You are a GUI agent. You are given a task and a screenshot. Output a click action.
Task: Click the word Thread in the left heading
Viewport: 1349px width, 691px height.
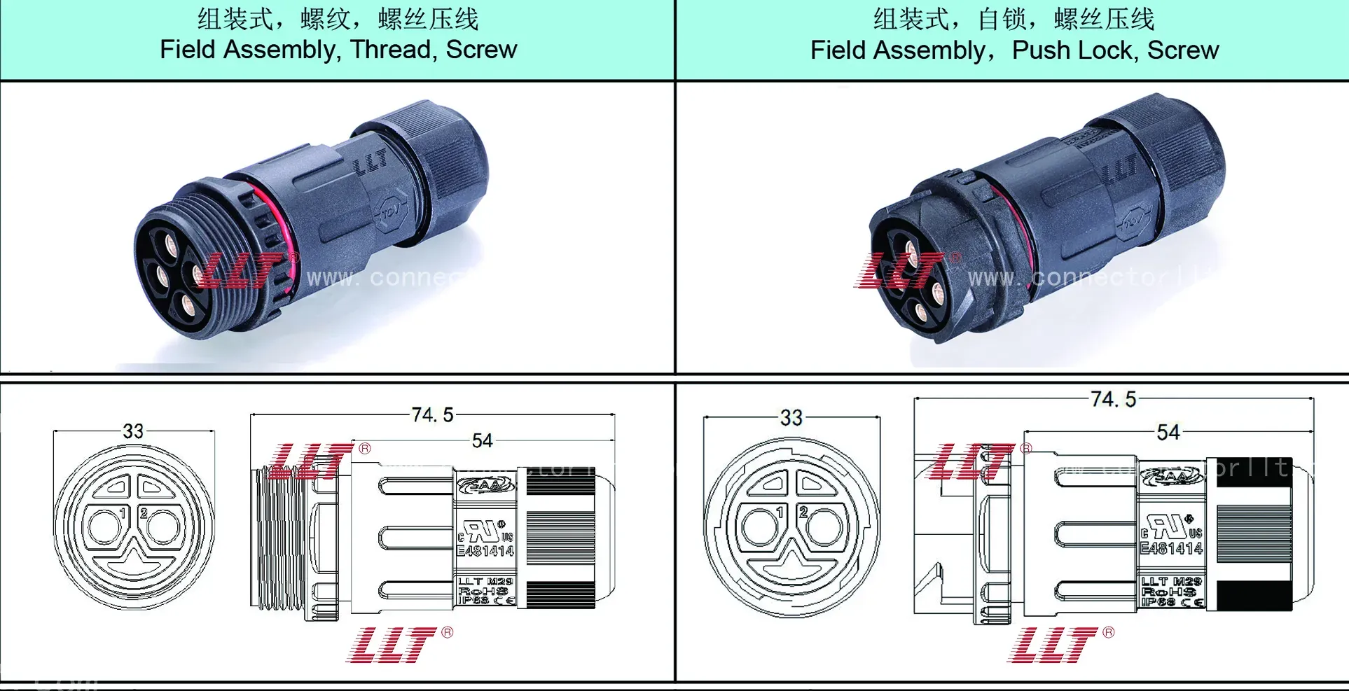pyautogui.click(x=392, y=50)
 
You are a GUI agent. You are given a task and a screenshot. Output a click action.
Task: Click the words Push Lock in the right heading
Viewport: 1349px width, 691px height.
pyautogui.click(x=1072, y=50)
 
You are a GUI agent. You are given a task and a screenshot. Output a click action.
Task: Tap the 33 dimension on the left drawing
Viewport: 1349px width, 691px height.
pyautogui.click(x=133, y=431)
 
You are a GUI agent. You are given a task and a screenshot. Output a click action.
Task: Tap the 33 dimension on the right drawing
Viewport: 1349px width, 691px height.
pyautogui.click(x=791, y=418)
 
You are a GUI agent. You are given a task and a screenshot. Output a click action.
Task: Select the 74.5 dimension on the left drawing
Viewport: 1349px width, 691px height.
pyautogui.click(x=432, y=415)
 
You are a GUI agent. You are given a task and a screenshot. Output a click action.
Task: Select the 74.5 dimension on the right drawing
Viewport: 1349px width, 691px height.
pyautogui.click(x=1113, y=399)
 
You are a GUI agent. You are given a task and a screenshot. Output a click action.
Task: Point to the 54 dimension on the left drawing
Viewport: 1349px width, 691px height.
pyautogui.click(x=482, y=440)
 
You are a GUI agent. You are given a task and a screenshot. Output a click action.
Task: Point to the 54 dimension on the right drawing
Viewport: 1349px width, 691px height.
pyautogui.click(x=1168, y=432)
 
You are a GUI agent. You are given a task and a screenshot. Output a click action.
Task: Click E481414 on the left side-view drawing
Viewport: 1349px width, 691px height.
pyautogui.click(x=485, y=551)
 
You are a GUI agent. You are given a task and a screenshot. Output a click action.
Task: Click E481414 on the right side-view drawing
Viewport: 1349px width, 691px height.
pyautogui.click(x=1171, y=548)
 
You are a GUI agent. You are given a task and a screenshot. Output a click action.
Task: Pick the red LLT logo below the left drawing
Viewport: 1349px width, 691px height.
pyautogui.click(x=392, y=645)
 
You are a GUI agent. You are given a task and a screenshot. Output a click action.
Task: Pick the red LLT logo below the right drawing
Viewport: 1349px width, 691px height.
pyautogui.click(x=1053, y=645)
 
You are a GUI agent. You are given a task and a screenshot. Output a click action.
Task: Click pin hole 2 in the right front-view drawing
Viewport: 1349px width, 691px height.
pyautogui.click(x=824, y=526)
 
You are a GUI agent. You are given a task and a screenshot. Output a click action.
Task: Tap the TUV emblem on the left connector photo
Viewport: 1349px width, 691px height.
pyautogui.click(x=390, y=213)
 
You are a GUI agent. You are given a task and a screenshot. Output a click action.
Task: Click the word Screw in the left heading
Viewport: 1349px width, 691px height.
pyautogui.click(x=481, y=50)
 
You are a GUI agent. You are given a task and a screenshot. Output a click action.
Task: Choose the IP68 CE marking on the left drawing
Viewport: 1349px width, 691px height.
pyautogui.click(x=485, y=600)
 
